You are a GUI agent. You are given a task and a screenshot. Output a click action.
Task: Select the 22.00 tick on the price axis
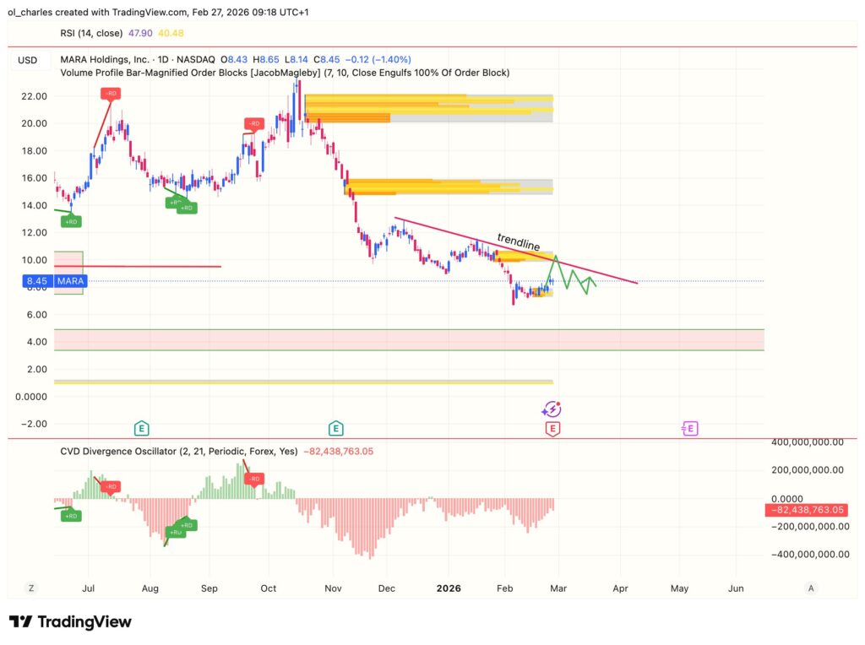coord(33,95)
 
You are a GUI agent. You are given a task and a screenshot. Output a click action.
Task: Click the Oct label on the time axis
coord(269,588)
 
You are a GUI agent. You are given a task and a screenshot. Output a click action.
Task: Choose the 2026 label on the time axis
coord(449,588)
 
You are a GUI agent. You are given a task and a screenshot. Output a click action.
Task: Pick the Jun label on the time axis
coord(736,588)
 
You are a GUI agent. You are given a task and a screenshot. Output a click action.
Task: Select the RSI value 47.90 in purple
coord(138,33)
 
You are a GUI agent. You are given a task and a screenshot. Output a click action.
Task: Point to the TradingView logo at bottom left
coord(70,622)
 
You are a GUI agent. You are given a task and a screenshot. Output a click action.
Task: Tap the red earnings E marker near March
coord(552,429)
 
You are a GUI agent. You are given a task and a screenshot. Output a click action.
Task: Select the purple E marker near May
coord(689,429)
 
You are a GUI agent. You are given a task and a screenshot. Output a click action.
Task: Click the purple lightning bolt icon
coord(552,409)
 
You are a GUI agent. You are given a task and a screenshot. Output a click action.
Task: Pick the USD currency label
coord(28,60)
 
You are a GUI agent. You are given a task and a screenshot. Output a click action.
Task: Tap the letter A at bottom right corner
coord(811,588)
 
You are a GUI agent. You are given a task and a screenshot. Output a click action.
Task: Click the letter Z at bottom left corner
coord(30,588)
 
